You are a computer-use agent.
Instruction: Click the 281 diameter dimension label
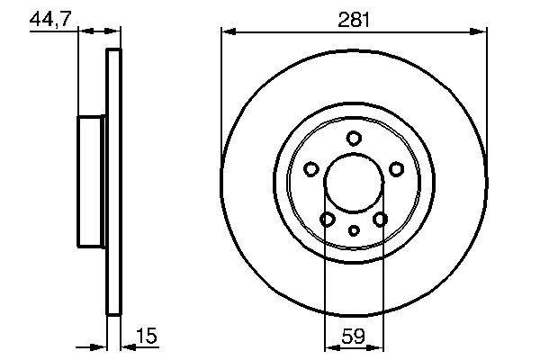354,18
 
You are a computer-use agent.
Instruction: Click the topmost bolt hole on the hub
354,138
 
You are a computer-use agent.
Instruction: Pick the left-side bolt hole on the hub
311,168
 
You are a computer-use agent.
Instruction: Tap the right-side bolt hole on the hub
397,168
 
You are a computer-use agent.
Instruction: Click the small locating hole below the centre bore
354,231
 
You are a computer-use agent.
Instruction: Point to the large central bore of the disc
354,182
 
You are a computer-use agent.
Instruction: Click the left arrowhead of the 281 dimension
227,32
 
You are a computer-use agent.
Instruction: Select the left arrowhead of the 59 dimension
328,346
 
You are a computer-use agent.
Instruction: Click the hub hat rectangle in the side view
93,182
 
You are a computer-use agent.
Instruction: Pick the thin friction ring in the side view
114,182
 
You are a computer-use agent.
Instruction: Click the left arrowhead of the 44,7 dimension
84,32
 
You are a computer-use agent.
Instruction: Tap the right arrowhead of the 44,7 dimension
114,32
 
